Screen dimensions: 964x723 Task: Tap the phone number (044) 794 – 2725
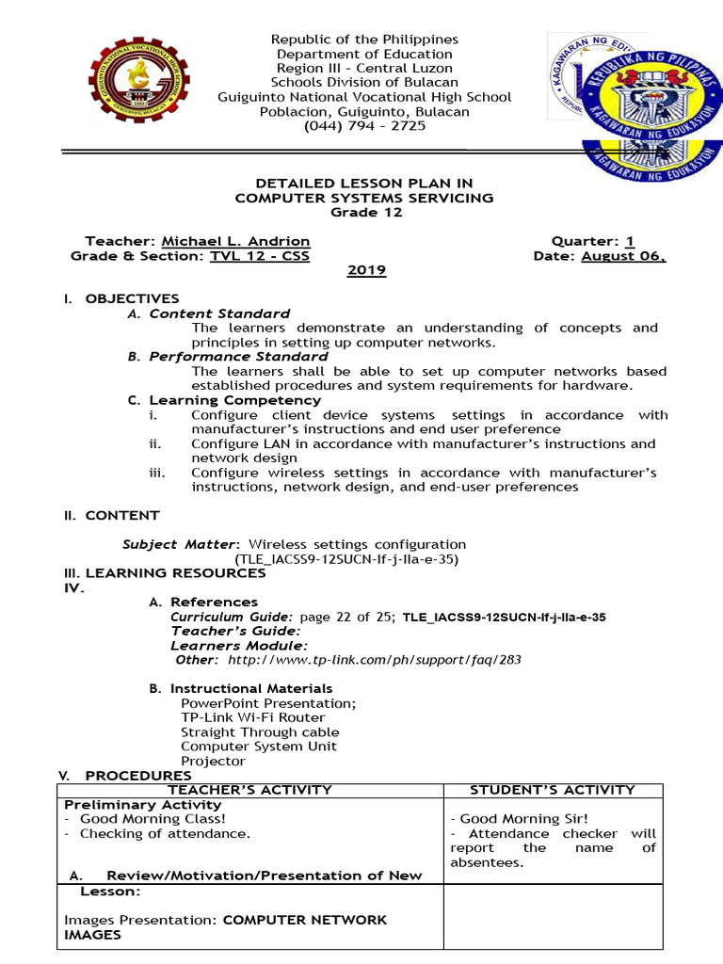pos(364,125)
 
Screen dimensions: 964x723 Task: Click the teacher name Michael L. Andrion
pos(223,241)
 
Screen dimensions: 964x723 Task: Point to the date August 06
pos(623,256)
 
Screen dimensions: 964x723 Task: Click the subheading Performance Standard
pos(238,357)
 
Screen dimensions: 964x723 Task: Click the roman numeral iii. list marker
pos(156,473)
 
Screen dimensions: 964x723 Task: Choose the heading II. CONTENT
pos(111,516)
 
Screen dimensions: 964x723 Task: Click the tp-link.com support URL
pos(374,660)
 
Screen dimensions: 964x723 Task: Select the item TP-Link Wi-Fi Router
pos(253,717)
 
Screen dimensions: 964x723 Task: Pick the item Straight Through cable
pos(260,732)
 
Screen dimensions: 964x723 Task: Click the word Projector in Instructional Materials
pos(213,761)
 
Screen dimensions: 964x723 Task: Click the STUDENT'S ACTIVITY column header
pos(553,790)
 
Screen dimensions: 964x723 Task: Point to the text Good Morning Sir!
pos(505,819)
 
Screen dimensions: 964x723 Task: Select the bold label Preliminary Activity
pos(142,805)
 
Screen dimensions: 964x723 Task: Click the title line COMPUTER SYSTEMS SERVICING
pos(363,198)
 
